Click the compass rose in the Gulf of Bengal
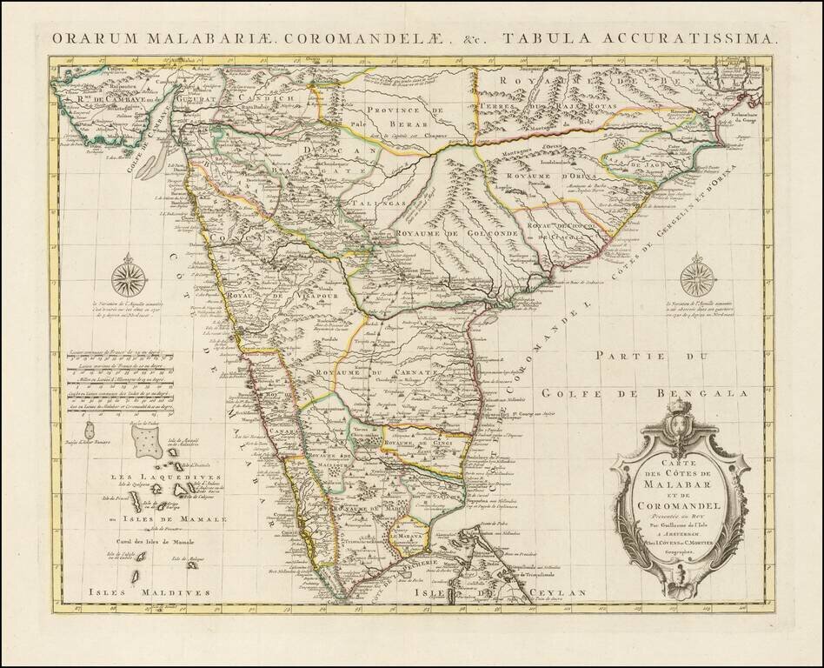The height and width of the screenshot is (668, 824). [697, 277]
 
